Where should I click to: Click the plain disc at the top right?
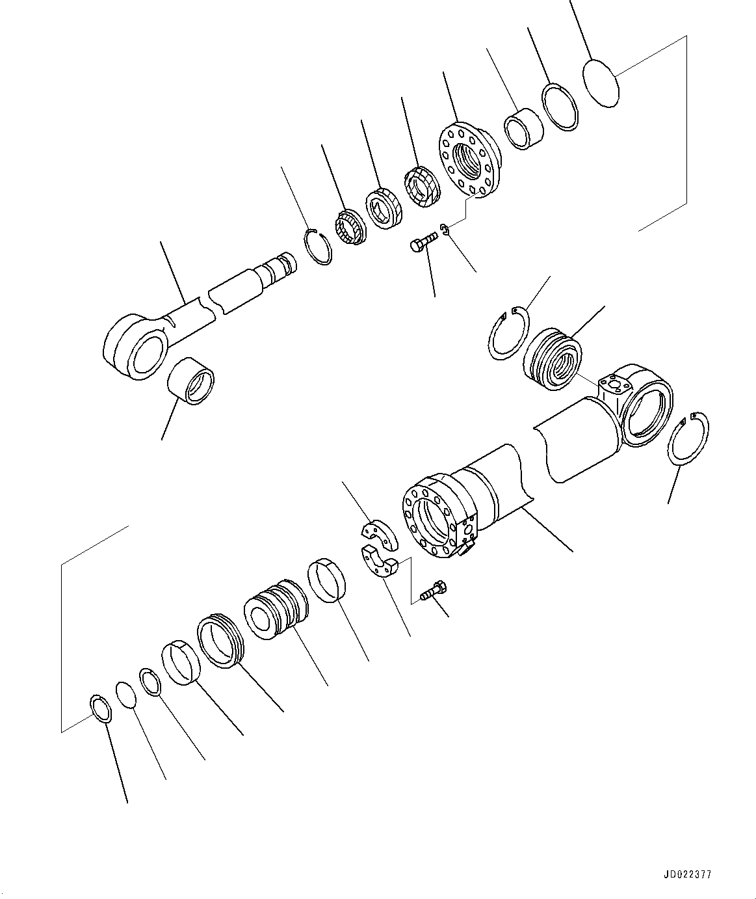coord(601,81)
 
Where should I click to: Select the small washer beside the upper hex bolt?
coord(445,228)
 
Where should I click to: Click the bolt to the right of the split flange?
coord(432,591)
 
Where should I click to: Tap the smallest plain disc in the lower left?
coord(126,694)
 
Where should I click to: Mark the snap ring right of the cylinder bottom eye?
coord(688,438)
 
